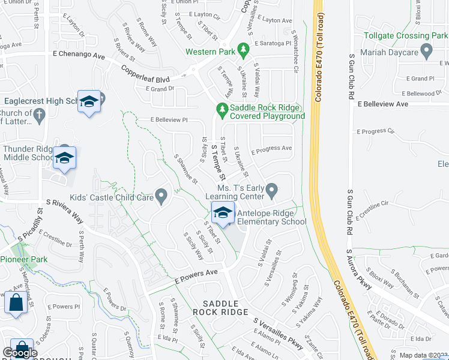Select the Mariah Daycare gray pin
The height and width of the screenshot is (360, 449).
[427, 52]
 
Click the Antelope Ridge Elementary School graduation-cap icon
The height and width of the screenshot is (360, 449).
[222, 213]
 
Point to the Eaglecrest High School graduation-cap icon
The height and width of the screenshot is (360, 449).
[89, 101]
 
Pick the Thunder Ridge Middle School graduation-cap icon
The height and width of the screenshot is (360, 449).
[64, 158]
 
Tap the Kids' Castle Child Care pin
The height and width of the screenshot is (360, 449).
[161, 196]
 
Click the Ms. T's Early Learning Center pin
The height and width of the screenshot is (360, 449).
[271, 191]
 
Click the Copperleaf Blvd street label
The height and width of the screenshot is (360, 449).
[145, 71]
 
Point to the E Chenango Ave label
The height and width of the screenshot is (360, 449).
[79, 55]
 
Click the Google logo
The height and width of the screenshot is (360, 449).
[20, 352]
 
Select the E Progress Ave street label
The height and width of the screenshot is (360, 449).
[271, 149]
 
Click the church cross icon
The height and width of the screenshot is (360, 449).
[40, 115]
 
